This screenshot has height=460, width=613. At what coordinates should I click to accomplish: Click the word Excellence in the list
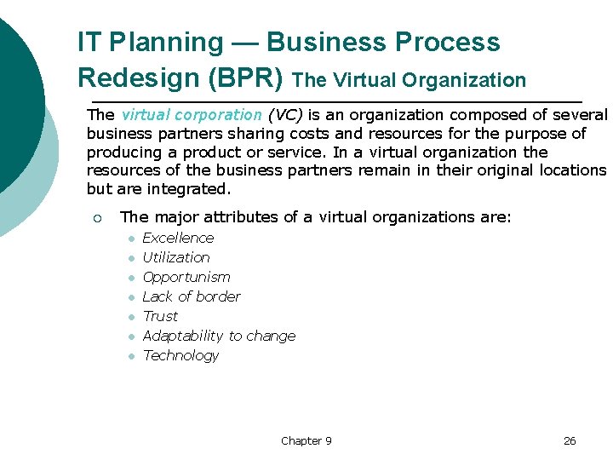pos(178,238)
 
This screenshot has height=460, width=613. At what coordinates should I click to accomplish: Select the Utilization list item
pos(176,257)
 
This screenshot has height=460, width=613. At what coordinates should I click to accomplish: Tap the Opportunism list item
pos(186,277)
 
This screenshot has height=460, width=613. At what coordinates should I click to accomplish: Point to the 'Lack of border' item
pos(192,296)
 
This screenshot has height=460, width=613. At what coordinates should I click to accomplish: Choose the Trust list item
pos(160,316)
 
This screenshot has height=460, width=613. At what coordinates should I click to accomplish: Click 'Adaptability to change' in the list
pos(219,336)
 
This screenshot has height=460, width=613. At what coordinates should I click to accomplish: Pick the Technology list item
pos(180,355)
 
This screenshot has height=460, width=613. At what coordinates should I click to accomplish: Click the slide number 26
pos(570,440)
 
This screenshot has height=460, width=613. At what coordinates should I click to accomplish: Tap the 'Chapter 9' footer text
pos(306,440)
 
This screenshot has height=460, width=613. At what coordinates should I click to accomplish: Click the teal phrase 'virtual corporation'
pos(192,114)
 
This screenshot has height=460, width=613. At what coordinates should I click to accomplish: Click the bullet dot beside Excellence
pos(132,239)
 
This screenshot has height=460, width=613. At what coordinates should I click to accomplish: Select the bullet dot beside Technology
pos(132,356)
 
